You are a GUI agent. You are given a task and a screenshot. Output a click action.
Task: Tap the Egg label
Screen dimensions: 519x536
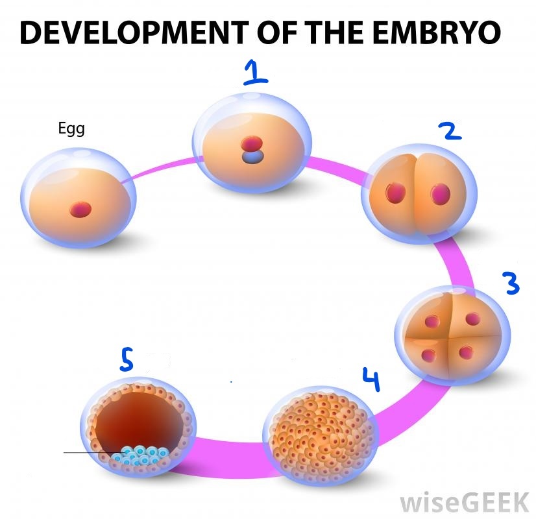pyautogui.click(x=71, y=129)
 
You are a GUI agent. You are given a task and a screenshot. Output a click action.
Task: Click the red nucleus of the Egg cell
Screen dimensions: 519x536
pyautogui.click(x=81, y=209)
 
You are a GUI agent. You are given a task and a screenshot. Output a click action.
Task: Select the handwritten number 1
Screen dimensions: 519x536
pyautogui.click(x=255, y=75)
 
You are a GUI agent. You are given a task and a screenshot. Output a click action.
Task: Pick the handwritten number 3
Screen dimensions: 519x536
pyautogui.click(x=511, y=284)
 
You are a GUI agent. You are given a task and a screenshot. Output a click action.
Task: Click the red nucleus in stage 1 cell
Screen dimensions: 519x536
pyautogui.click(x=250, y=144)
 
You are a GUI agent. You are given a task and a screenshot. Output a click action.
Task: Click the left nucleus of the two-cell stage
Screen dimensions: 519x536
pyautogui.click(x=395, y=193)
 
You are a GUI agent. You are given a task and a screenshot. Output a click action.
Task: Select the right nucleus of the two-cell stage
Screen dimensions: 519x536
pyautogui.click(x=441, y=193)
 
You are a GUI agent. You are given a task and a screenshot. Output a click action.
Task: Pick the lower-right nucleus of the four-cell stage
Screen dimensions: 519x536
pyautogui.click(x=466, y=352)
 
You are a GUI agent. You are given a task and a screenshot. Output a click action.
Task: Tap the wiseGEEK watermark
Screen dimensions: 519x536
pyautogui.click(x=463, y=501)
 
